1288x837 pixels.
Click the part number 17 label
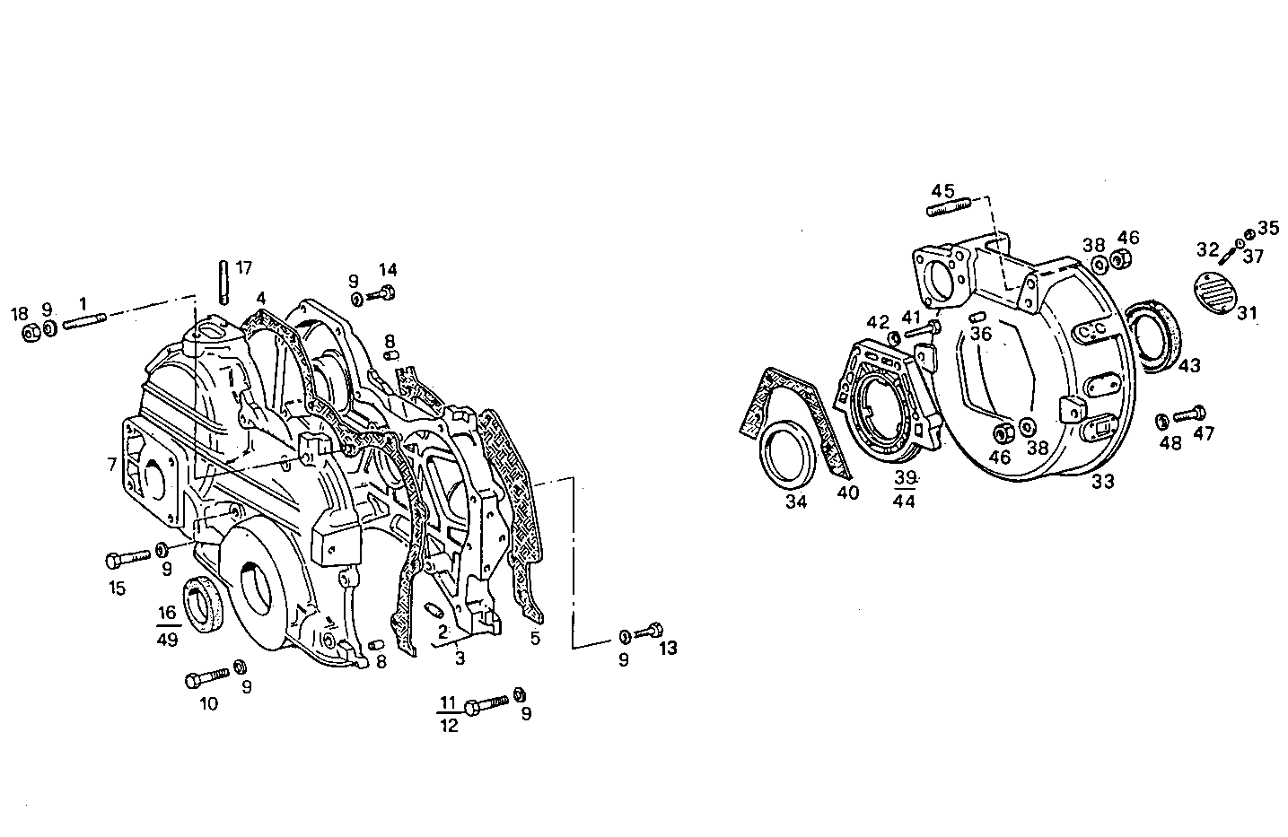pos(244,267)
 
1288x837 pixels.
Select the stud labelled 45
pos(948,210)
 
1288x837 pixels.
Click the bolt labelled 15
pos(127,559)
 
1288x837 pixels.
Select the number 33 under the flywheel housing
pos(1103,482)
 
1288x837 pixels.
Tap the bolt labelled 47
pos(1189,414)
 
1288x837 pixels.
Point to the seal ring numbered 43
pos(1155,333)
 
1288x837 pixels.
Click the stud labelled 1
pos(84,319)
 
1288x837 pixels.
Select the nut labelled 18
pos(30,333)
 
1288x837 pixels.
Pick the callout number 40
pos(847,492)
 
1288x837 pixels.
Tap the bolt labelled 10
pos(207,678)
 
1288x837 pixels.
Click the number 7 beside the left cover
pos(111,464)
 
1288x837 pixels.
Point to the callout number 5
pos(535,638)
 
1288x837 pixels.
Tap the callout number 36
pos(980,334)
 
